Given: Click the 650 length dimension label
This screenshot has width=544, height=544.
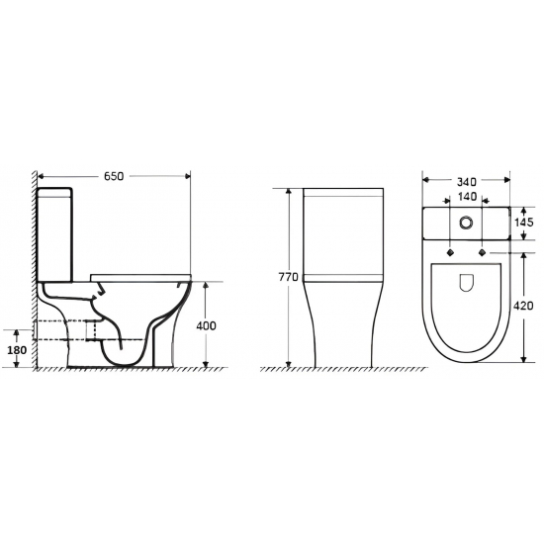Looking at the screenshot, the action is pyautogui.click(x=114, y=176).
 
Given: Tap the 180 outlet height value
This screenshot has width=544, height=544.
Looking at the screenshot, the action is pyautogui.click(x=17, y=350).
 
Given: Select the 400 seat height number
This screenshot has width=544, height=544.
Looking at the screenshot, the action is pyautogui.click(x=206, y=325).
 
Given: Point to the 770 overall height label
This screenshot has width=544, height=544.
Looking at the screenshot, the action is pyautogui.click(x=288, y=277).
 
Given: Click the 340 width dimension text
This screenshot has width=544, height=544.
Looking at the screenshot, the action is pyautogui.click(x=467, y=181).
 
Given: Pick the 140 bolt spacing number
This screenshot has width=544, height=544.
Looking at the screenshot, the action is pyautogui.click(x=467, y=197).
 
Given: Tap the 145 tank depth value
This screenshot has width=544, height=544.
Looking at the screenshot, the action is pyautogui.click(x=523, y=222).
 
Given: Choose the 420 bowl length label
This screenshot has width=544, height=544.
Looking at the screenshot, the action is pyautogui.click(x=523, y=306).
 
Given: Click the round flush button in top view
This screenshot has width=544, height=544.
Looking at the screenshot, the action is pyautogui.click(x=466, y=223).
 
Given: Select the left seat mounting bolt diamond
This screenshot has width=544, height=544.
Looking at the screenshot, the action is pyautogui.click(x=450, y=252).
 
